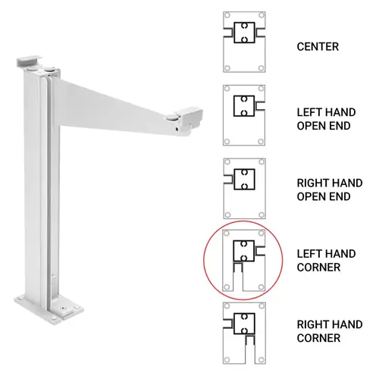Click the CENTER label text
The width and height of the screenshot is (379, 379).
[318, 47]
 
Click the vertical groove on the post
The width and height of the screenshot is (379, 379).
[48, 189]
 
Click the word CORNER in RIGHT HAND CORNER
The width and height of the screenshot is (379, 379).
[318, 338]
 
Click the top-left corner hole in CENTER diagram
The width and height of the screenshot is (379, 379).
[227, 17]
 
